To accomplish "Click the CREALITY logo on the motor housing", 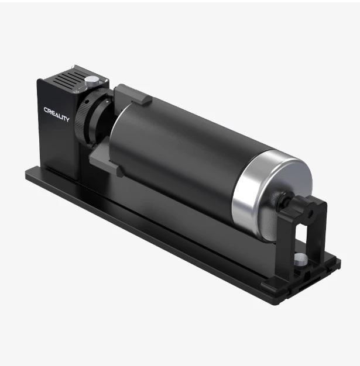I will click(56, 114).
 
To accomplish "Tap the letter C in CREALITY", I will click(46, 109).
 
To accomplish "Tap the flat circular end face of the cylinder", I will click(281, 199).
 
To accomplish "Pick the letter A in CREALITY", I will click(56, 114).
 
